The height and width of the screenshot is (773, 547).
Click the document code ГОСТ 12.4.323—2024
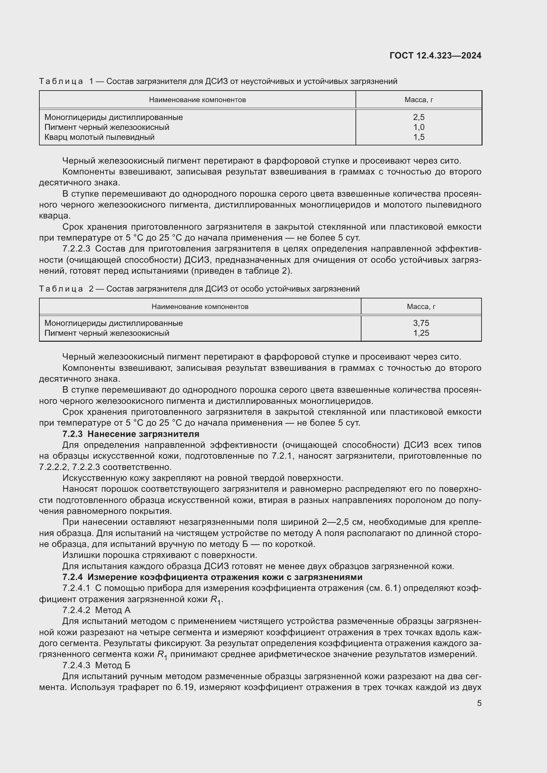point(435,56)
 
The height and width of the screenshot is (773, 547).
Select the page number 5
point(479,703)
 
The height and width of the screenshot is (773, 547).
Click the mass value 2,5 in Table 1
point(419,117)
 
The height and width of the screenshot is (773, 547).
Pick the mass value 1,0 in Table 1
point(419,127)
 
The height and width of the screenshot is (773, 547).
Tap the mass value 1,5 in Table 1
point(419,137)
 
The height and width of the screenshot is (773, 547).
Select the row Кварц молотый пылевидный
point(99,137)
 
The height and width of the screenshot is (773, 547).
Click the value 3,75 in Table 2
point(421,323)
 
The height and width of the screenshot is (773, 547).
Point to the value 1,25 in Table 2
point(421,333)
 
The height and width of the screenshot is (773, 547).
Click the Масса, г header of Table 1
point(419,100)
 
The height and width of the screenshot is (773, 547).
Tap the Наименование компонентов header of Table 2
point(200,307)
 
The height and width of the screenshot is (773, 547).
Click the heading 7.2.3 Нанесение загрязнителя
point(131,434)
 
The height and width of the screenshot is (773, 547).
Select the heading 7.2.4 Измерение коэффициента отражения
point(212,577)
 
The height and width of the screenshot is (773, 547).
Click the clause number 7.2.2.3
point(76,249)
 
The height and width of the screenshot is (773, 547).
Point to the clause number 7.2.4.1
point(76,589)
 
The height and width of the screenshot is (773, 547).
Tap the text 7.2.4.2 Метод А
point(96,610)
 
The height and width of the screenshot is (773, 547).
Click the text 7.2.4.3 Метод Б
point(96,666)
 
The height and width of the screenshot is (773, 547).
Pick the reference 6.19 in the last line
point(185,687)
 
